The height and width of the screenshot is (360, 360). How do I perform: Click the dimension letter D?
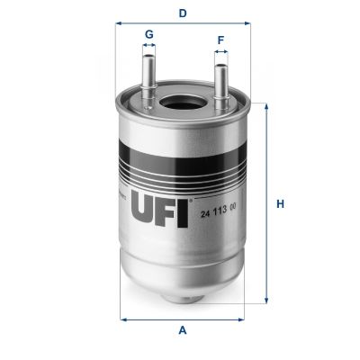(183, 13)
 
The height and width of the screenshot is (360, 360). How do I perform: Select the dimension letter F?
(220, 40)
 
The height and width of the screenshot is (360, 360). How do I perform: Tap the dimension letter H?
(280, 203)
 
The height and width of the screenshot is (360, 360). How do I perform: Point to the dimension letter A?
(182, 330)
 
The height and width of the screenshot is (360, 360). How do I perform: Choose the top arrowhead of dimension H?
(265, 106)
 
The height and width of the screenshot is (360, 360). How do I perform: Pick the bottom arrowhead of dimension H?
(265, 301)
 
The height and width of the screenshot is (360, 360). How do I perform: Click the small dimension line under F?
(220, 54)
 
